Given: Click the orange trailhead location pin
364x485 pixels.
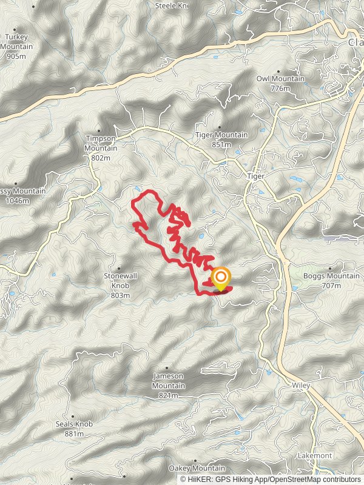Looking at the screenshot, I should [x=220, y=279].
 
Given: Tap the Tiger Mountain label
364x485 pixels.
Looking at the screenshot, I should [x=221, y=135].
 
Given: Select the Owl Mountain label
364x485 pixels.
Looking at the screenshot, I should [x=280, y=79].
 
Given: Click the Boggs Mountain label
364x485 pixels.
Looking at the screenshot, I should [x=331, y=276].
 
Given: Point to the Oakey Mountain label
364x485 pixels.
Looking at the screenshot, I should [x=197, y=468].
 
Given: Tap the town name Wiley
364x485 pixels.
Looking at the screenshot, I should [x=300, y=386].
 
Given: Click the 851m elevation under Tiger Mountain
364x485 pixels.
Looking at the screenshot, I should [x=221, y=144].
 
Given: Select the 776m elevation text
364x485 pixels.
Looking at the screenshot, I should [x=281, y=89].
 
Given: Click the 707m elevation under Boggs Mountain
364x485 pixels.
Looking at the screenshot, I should [x=331, y=286].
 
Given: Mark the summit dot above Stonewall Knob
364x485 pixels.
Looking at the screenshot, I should [x=119, y=268].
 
